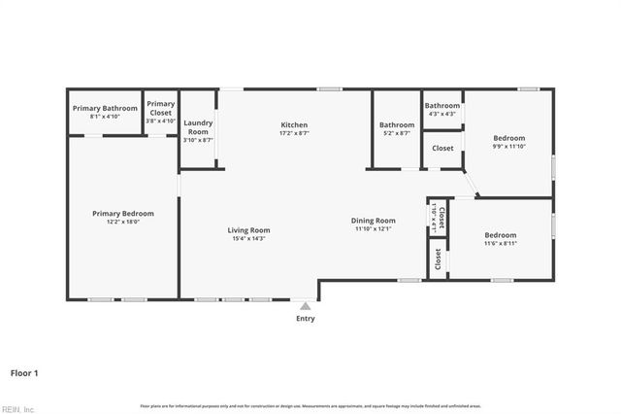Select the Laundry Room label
click(198, 127)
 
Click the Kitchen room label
click(294, 125)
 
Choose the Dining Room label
click(374, 221)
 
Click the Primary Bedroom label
click(123, 213)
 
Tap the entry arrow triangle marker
click(306, 304)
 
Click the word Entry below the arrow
click(306, 318)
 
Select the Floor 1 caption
click(24, 372)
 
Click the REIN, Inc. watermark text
click(18, 408)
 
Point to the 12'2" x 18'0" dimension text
click(123, 222)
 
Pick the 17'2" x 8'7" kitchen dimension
click(294, 134)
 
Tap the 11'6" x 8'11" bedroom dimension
click(501, 243)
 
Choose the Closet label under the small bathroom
click(442, 149)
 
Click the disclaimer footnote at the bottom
click(310, 405)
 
